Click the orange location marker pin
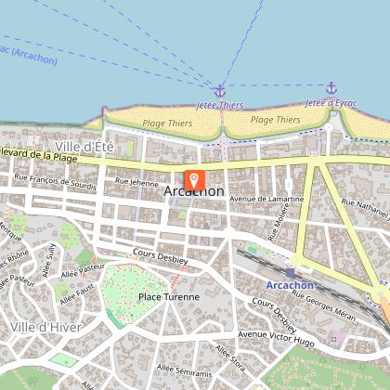[195, 180]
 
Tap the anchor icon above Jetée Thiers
[220, 90]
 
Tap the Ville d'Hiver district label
[46, 327]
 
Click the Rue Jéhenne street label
[137, 184]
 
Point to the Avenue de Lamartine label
[266, 199]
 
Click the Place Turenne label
[168, 297]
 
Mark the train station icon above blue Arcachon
[290, 271]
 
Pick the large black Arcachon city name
[193, 192]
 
